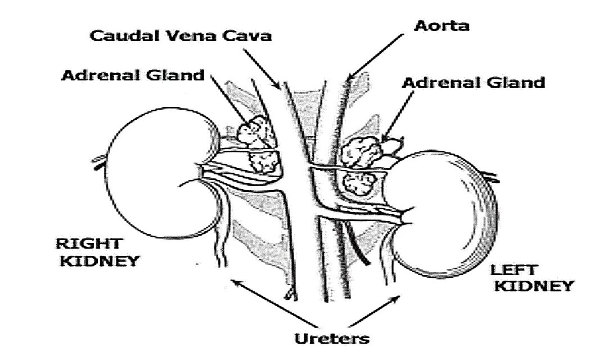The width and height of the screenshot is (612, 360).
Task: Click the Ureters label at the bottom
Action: [332, 338]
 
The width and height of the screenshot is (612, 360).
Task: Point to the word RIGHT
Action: [88, 244]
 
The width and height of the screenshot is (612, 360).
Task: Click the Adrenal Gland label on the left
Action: [133, 75]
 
